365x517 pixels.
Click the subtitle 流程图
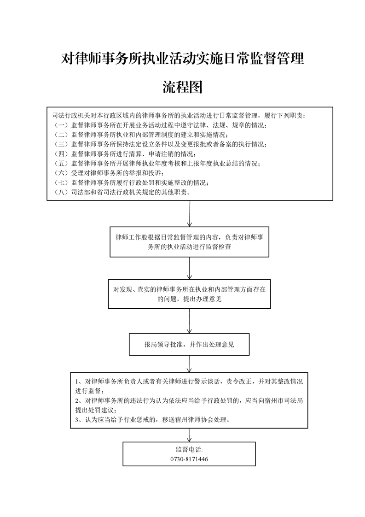[183, 87]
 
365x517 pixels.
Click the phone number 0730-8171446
[189, 459]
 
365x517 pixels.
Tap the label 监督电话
[189, 450]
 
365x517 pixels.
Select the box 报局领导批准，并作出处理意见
[189, 344]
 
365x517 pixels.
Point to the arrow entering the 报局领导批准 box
[189, 321]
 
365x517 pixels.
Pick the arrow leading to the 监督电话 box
[189, 435]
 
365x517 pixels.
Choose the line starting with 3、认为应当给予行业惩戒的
[152, 420]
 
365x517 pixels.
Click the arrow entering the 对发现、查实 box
[190, 268]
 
